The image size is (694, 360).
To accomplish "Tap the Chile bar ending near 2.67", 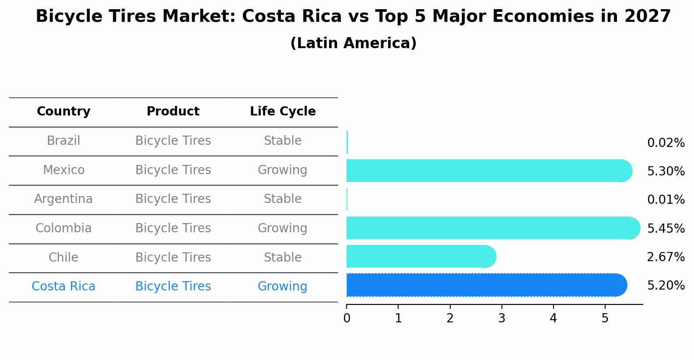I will (x=420, y=256).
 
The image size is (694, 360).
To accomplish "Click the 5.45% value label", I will (x=666, y=229).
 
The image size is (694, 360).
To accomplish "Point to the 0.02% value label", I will (x=666, y=143).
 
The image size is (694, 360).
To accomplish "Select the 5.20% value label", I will (x=666, y=286).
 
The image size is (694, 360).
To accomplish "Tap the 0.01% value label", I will (x=666, y=200).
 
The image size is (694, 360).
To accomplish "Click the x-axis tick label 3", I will (x=501, y=318).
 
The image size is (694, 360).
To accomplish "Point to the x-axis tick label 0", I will (x=347, y=318).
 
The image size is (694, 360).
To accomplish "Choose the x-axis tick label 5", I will (x=605, y=318).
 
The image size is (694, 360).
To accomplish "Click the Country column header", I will (x=63, y=112).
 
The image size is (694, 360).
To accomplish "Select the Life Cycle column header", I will (x=283, y=112).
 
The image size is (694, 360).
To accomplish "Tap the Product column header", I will (x=173, y=112).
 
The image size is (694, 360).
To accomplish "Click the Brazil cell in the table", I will (x=63, y=141).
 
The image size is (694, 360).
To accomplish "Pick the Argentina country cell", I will (x=63, y=199).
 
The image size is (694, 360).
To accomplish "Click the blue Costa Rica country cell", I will (x=63, y=287).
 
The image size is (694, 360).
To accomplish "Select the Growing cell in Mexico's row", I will (x=282, y=170).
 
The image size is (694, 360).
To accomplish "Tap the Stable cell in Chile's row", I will (x=282, y=258).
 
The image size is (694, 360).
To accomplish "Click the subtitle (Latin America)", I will (x=353, y=43).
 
